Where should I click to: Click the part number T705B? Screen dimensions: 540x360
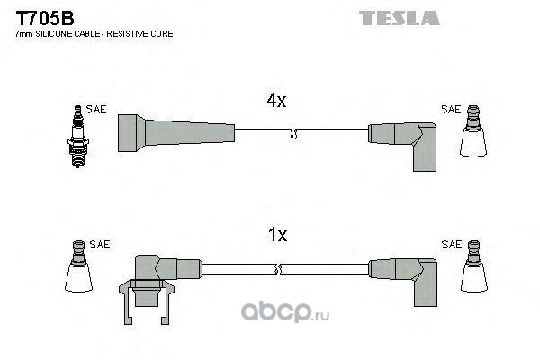point(45,18)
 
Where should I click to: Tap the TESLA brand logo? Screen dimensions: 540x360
point(399,18)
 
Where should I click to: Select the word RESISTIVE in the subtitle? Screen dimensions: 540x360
point(122,34)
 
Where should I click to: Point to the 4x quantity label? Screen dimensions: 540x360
point(276,101)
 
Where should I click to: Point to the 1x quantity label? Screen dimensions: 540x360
point(277,235)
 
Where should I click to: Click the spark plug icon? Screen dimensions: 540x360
point(78,137)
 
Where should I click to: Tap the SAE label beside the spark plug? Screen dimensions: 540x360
point(96,110)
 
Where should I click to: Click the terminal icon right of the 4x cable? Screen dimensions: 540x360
point(473,131)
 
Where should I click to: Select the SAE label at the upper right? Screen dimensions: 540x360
point(451,110)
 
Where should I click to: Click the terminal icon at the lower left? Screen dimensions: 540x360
point(78,266)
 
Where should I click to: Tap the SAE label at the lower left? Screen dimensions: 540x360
point(100,244)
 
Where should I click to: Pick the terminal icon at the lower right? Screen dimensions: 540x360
point(474,266)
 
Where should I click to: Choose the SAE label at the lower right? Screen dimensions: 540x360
point(451,244)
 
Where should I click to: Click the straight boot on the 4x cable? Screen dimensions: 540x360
point(176,133)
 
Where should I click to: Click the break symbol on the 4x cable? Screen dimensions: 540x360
point(293,134)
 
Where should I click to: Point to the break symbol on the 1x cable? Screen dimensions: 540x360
point(278,269)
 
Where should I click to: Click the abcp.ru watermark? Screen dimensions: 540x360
point(285,311)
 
